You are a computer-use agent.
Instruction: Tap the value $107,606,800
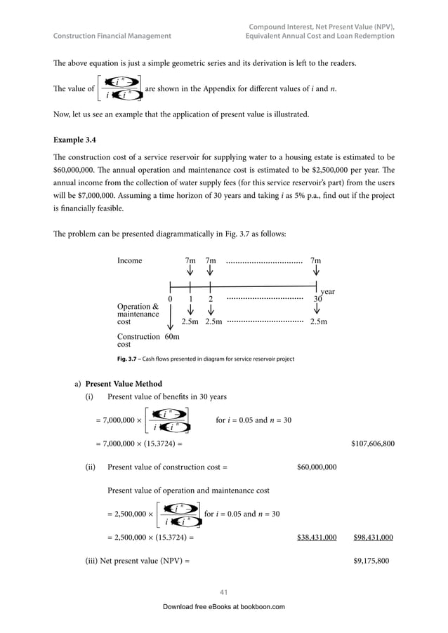pyautogui.click(x=371, y=444)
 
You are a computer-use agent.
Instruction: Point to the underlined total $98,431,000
pyautogui.click(x=373, y=538)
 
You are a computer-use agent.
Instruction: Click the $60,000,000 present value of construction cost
pyautogui.click(x=317, y=467)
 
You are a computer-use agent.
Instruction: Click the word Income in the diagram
pyautogui.click(x=129, y=260)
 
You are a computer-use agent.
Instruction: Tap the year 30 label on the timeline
pyautogui.click(x=317, y=298)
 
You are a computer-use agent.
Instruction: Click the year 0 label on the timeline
pyautogui.click(x=171, y=299)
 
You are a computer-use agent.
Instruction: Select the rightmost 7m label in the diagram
pyautogui.click(x=316, y=260)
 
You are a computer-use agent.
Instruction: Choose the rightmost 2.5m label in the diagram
pyautogui.click(x=318, y=322)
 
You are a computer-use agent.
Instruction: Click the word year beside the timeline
pyautogui.click(x=327, y=291)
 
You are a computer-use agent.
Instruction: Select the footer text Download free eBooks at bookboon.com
pyautogui.click(x=223, y=606)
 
